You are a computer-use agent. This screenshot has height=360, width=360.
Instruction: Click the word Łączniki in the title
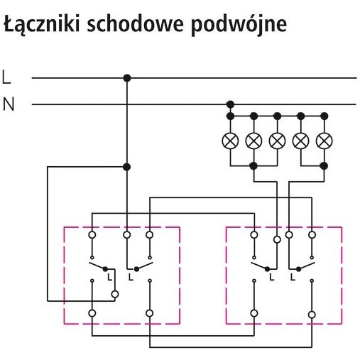[x=42, y=23]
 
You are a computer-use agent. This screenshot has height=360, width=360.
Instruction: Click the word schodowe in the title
[x=135, y=23]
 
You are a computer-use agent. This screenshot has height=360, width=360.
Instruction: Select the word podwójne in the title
[x=239, y=26]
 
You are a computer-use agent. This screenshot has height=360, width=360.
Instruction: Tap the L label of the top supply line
[x=6, y=77]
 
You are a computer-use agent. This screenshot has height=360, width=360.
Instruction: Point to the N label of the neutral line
[x=9, y=104]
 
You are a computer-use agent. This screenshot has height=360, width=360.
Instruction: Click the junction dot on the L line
[x=127, y=78]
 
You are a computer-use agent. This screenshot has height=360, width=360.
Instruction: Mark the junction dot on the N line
[x=230, y=104]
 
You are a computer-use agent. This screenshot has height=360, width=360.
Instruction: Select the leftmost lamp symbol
[x=230, y=141]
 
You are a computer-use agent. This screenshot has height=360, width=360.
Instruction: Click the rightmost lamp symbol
[x=324, y=141]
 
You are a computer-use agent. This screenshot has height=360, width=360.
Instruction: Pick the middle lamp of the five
[x=277, y=141]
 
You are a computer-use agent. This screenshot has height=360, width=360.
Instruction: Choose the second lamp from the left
[x=253, y=141]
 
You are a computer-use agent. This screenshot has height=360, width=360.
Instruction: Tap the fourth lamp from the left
[x=301, y=141]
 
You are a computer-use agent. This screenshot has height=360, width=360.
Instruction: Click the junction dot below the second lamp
[x=253, y=166]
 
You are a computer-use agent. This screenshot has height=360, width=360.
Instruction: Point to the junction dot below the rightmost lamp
[x=324, y=166]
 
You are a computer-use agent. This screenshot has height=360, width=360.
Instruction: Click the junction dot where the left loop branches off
[x=127, y=167]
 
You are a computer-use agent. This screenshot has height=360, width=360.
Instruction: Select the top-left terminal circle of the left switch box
[x=92, y=235]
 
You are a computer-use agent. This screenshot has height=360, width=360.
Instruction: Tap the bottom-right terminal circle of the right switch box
[x=312, y=315]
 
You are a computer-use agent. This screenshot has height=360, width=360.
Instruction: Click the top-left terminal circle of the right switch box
[x=254, y=235]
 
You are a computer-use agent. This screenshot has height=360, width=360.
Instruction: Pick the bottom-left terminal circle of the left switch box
[x=92, y=313]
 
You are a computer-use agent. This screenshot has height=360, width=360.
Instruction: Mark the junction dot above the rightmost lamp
[x=324, y=116]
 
